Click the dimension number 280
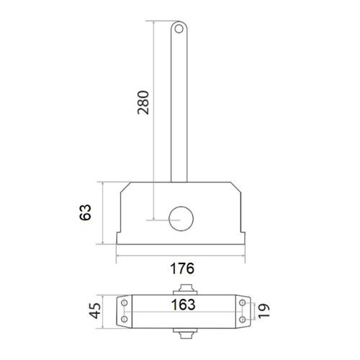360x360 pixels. (143, 102)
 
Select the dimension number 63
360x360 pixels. (86, 212)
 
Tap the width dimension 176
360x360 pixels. (182, 269)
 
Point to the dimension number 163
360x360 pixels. (183, 305)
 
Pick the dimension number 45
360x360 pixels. (95, 311)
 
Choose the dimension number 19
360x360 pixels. (264, 311)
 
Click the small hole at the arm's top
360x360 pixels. (179, 29)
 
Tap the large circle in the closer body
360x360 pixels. (181, 219)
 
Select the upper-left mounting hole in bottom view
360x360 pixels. (125, 303)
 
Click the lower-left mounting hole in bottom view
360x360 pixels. (125, 319)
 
